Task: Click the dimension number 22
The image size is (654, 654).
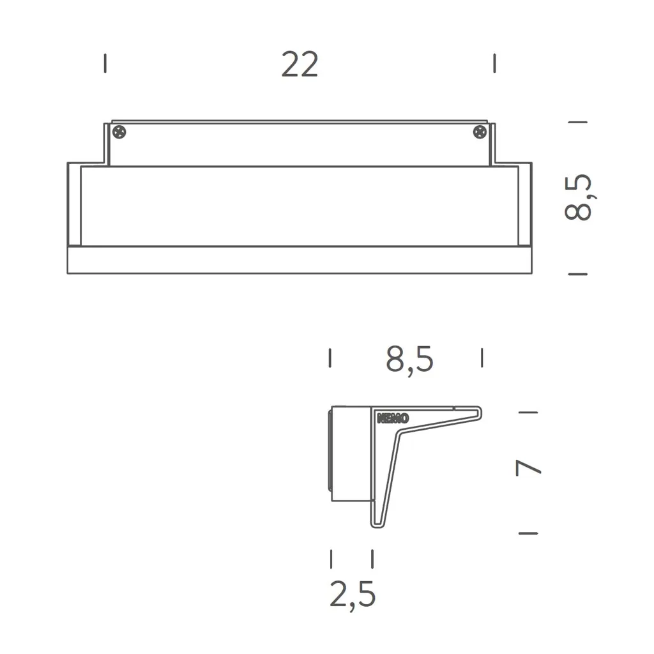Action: click(x=300, y=65)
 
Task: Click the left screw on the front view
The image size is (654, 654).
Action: click(x=119, y=132)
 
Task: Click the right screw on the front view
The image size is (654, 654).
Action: click(x=480, y=132)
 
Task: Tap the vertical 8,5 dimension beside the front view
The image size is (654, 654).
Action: click(x=579, y=197)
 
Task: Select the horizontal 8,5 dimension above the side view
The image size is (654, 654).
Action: click(x=409, y=359)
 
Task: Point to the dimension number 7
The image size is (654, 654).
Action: click(x=529, y=469)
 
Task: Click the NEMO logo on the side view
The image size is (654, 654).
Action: click(x=393, y=419)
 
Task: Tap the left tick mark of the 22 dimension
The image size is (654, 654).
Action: click(x=105, y=63)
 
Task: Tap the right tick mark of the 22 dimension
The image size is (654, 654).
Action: click(x=494, y=63)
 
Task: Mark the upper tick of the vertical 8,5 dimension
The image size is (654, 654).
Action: click(x=577, y=121)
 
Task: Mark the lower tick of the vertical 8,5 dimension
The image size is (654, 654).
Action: click(x=577, y=274)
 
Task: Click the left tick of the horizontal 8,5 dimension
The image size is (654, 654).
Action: click(x=330, y=358)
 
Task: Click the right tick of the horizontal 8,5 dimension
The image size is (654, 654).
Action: click(x=482, y=358)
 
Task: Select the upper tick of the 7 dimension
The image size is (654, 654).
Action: click(x=528, y=413)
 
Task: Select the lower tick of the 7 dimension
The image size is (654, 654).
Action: click(x=528, y=533)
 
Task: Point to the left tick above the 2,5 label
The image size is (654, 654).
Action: click(x=331, y=559)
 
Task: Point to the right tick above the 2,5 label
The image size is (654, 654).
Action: click(x=372, y=559)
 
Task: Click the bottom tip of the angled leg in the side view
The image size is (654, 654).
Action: click(x=377, y=526)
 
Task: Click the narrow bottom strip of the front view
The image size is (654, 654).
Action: click(x=299, y=260)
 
